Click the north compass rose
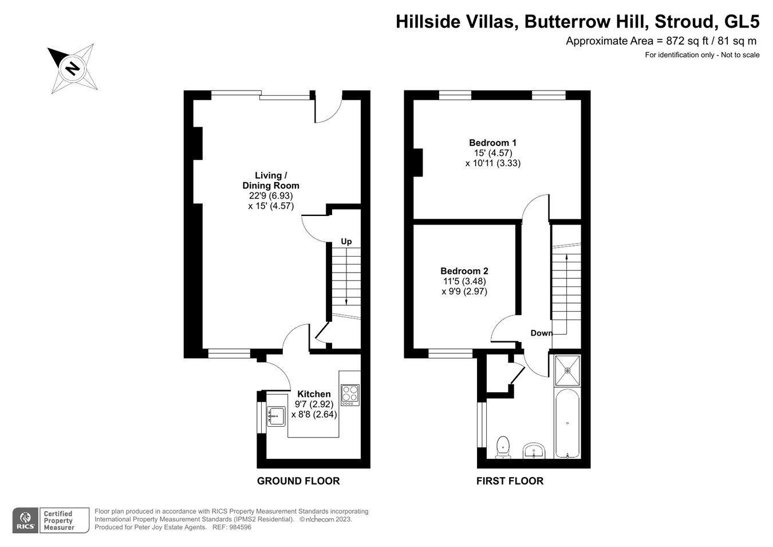tap(73, 69)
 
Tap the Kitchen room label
tap(314, 394)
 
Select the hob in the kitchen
tap(350, 395)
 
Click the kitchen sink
tap(276, 416)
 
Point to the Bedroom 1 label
tap(492, 143)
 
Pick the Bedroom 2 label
tap(464, 271)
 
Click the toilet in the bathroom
tap(503, 447)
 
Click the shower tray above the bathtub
tap(567, 371)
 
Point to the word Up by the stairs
tap(346, 242)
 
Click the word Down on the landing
tap(541, 333)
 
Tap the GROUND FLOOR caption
tap(298, 481)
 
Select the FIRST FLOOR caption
tap(510, 481)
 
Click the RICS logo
tap(25, 520)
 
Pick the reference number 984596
tap(239, 528)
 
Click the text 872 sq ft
tap(686, 41)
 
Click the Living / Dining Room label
tap(270, 180)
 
